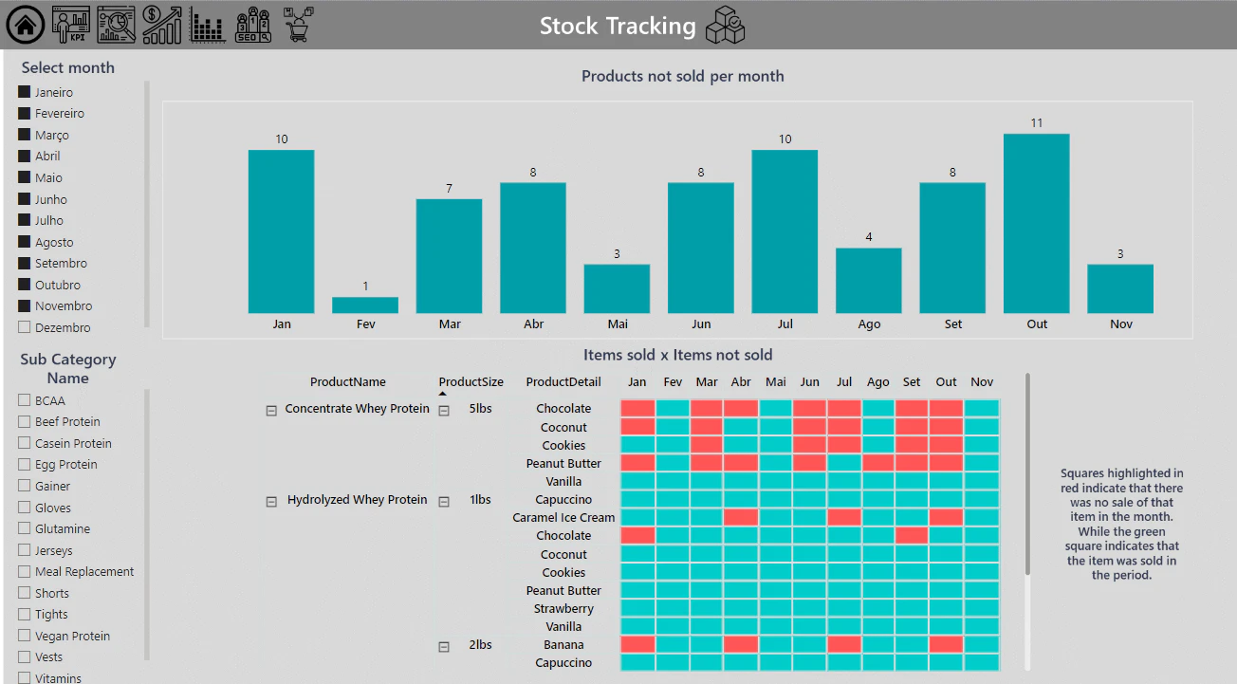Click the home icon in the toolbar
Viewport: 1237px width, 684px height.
point(25,25)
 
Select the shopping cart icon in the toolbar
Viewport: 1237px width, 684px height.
point(298,25)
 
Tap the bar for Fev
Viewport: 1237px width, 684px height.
point(365,305)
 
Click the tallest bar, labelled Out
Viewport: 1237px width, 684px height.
point(1037,224)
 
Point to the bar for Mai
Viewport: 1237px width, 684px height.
point(617,288)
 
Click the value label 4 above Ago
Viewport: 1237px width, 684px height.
point(869,237)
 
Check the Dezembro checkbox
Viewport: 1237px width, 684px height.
point(24,326)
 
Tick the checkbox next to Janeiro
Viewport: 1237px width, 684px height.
point(24,92)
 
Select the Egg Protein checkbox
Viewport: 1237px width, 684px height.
point(24,464)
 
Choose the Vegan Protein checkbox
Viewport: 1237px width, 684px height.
point(24,636)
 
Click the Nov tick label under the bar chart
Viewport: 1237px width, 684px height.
point(1121,324)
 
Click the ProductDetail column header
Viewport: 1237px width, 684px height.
point(563,381)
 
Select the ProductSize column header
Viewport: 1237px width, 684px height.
point(471,381)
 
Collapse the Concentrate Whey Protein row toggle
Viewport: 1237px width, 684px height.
point(271,410)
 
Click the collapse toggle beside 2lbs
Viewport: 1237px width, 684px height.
point(444,646)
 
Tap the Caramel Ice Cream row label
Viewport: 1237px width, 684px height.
point(563,517)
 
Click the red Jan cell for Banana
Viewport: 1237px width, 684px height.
point(637,644)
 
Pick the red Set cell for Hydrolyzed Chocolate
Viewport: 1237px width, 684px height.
point(912,535)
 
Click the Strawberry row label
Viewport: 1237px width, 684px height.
point(563,608)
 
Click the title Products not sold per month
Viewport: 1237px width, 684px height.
point(683,76)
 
